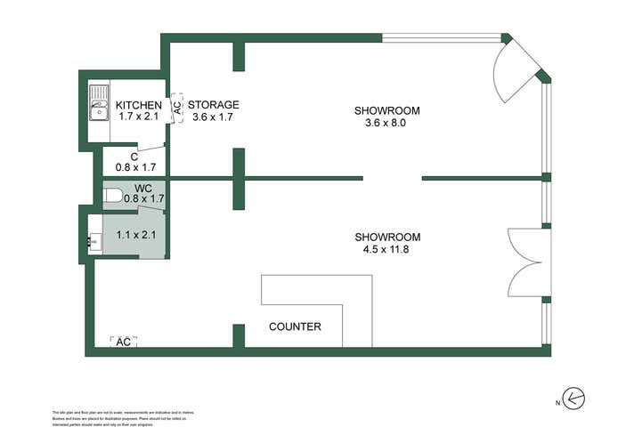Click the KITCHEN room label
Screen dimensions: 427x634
tap(140, 105)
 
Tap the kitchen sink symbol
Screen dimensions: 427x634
tap(98, 106)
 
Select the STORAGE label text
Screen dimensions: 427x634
tap(213, 104)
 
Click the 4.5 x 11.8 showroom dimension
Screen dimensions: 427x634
tap(386, 251)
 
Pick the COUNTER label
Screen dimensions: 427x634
tap(295, 326)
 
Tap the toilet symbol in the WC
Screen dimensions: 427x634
tap(113, 195)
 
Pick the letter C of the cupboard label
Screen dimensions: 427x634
tap(134, 156)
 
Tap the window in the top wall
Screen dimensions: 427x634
tap(442, 37)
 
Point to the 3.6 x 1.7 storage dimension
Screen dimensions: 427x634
tap(214, 117)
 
